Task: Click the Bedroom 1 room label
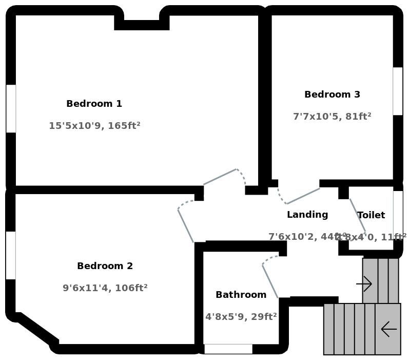pos(94,104)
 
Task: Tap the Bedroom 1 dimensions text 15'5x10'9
pos(94,126)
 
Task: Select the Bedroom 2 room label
pos(105,266)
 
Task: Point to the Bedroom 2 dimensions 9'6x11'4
pos(105,288)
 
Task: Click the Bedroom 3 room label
pos(332,94)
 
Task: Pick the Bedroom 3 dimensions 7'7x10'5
pos(332,117)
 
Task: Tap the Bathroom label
pos(241,295)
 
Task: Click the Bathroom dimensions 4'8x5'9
pos(241,317)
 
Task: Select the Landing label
pos(307,215)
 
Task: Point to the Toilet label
pos(371,215)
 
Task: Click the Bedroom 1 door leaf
pos(220,177)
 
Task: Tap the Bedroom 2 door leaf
pos(185,225)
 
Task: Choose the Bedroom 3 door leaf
pos(303,196)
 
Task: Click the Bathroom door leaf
pos(270,281)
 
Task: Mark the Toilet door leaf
pos(358,215)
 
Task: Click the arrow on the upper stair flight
pos(364,283)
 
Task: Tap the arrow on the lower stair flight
pos(388,329)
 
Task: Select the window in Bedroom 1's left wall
pos(11,109)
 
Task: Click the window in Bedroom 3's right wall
pos(398,91)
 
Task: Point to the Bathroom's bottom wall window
pos(228,349)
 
